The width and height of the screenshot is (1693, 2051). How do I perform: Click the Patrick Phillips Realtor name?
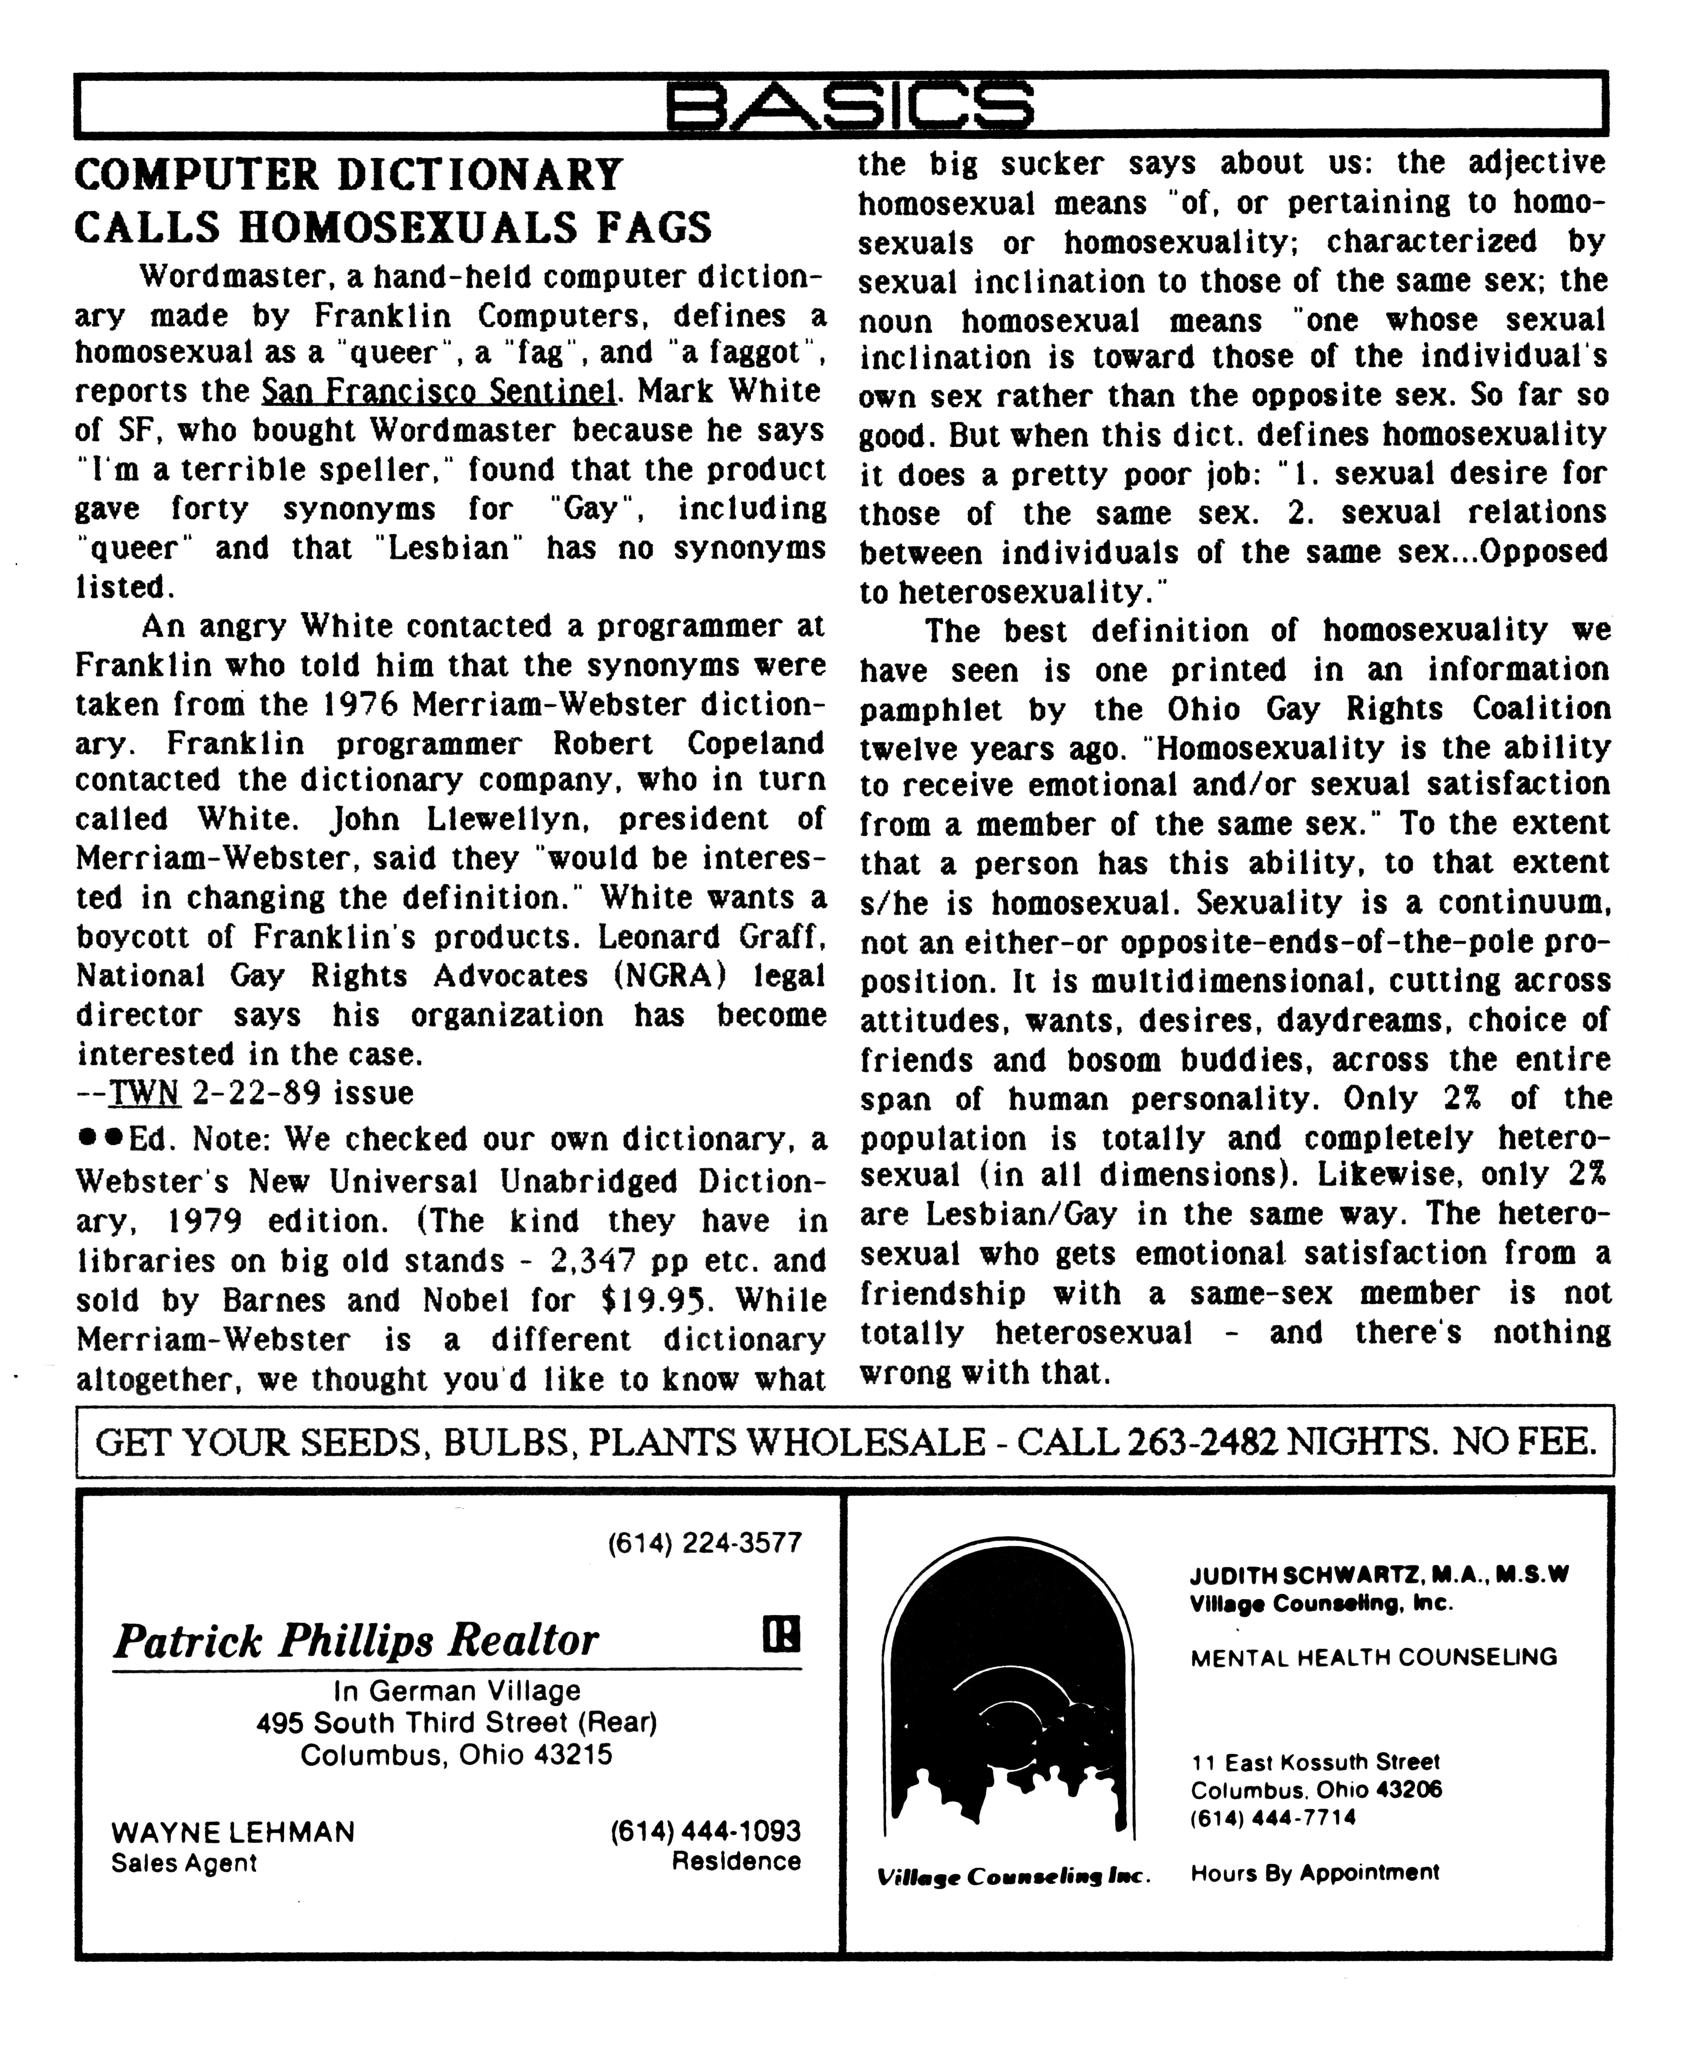(356, 1641)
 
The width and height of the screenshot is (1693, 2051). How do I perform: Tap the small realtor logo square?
(781, 1635)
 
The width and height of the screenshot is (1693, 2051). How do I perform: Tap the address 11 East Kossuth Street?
(1315, 1762)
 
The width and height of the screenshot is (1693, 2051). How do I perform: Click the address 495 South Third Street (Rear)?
(456, 1722)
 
